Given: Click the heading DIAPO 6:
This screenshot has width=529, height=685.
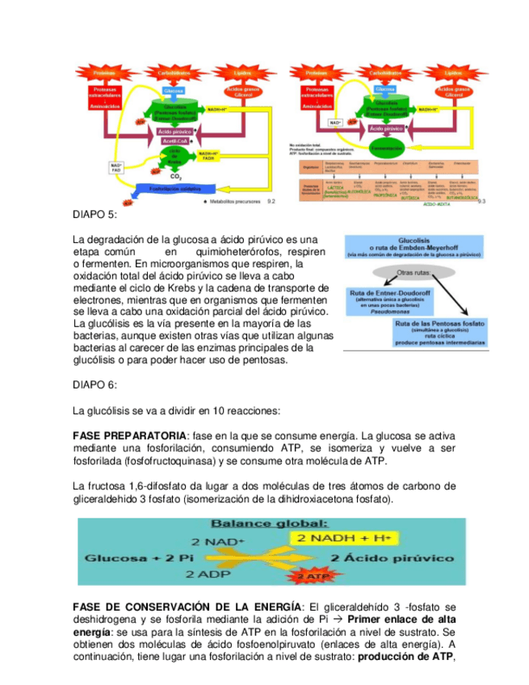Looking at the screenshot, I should [94, 384].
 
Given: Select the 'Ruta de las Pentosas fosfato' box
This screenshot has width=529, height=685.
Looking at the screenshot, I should [439, 333].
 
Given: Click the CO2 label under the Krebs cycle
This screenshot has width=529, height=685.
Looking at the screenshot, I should [176, 175].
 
